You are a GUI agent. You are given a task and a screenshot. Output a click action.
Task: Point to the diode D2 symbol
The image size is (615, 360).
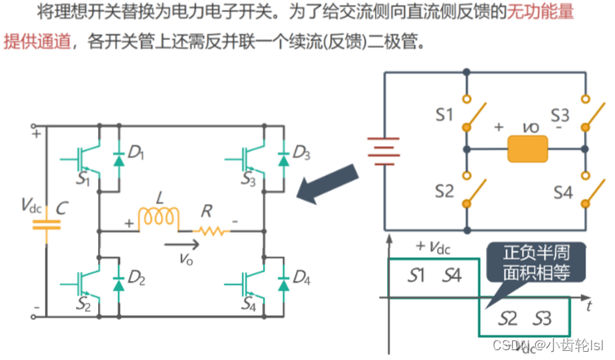tap(119, 282)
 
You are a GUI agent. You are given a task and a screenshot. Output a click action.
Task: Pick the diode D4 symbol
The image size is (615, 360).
tap(284, 282)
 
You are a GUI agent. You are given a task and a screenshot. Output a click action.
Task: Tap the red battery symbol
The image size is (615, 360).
tap(383, 150)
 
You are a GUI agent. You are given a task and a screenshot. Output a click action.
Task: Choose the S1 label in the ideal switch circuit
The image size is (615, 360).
tap(444, 114)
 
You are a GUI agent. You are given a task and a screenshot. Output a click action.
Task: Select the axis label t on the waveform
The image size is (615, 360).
tap(588, 306)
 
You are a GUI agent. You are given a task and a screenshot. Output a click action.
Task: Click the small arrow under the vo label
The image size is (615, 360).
tap(179, 242)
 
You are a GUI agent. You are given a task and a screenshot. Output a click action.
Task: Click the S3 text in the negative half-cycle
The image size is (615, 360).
tap(544, 318)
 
